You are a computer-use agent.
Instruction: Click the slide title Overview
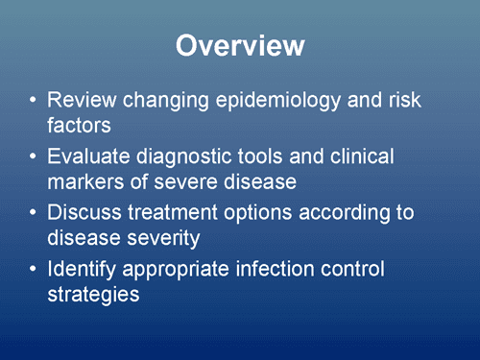241,46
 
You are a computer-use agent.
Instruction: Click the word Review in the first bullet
83,100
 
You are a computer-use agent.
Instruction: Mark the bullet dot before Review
34,101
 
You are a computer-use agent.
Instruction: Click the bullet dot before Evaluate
34,157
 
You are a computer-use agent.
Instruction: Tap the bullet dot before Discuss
34,214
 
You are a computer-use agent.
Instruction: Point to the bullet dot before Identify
34,271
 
